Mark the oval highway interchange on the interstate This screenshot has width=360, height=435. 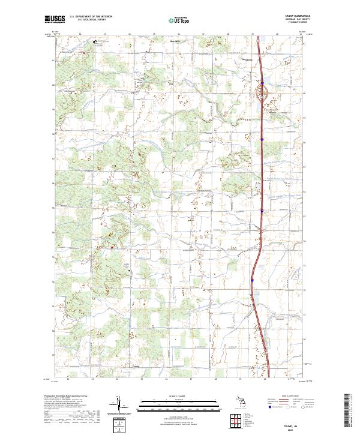[262, 93]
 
